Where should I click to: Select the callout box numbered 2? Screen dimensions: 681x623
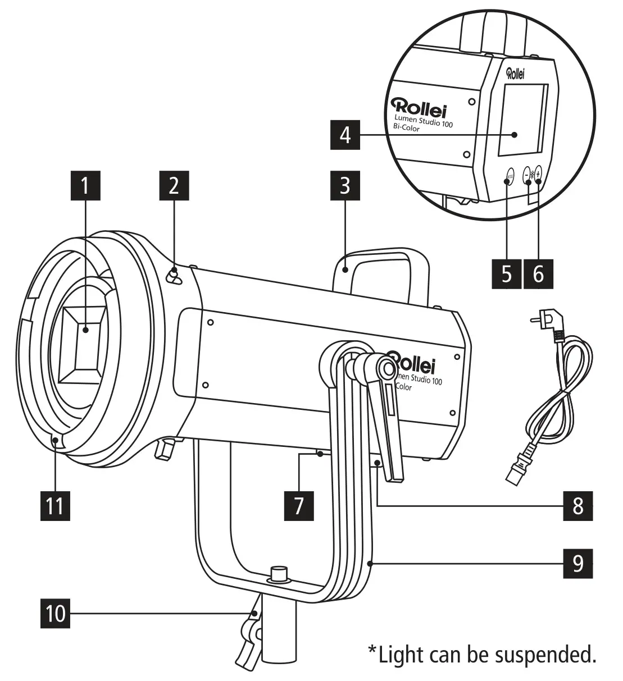pos(174,186)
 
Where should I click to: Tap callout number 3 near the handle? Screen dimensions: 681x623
pos(345,186)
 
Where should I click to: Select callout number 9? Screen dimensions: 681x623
pos(578,562)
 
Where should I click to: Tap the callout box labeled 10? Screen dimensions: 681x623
pos(56,613)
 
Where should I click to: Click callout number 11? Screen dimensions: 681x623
pos(54,505)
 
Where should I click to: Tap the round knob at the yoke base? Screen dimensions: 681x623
pos(278,574)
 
